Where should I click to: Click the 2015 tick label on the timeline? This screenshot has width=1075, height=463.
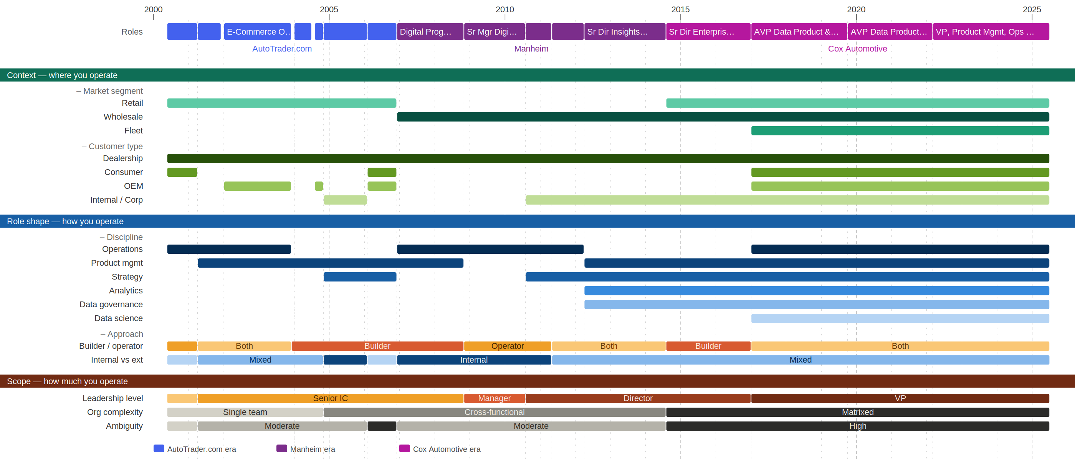(680, 9)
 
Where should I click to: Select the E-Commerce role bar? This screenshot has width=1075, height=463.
(257, 32)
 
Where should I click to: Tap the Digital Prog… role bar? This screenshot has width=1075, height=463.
(430, 32)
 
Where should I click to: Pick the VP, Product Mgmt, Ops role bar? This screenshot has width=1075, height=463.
(991, 32)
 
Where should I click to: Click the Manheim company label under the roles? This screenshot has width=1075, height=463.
(531, 49)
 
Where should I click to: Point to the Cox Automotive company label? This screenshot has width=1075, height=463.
(857, 49)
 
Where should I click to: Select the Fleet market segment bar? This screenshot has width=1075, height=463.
(900, 131)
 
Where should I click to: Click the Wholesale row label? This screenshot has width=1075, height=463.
(123, 117)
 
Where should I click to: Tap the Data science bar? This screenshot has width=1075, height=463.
(900, 318)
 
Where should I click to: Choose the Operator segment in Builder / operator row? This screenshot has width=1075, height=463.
(507, 346)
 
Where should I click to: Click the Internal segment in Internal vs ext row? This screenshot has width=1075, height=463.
(474, 360)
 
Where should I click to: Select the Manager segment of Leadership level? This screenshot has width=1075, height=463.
(494, 398)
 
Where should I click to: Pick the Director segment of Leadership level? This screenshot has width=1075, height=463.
(638, 398)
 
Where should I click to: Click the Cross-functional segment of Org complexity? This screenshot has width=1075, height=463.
(494, 412)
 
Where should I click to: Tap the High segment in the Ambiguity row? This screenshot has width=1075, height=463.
(857, 426)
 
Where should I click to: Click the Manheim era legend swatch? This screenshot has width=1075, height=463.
(282, 448)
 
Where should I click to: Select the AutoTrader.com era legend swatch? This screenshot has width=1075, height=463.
(159, 448)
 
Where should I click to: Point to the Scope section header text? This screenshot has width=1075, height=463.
(67, 381)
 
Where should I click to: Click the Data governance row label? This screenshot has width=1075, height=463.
(111, 305)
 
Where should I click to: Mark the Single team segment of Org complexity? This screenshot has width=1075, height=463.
(245, 412)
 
